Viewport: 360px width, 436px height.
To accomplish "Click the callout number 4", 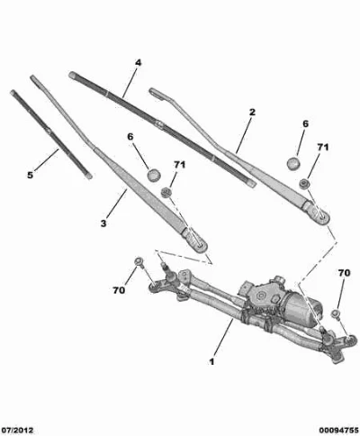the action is (x=138, y=63).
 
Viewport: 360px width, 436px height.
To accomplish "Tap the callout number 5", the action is (x=30, y=175).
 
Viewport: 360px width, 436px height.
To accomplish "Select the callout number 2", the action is (x=252, y=113).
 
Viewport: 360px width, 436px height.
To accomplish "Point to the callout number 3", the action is (x=103, y=223).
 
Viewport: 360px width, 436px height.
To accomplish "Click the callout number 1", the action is (x=211, y=361).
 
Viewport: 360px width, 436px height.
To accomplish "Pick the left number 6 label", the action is (x=130, y=137).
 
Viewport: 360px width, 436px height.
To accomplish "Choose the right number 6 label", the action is (x=305, y=123).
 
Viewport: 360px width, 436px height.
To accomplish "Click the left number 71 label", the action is (x=179, y=165).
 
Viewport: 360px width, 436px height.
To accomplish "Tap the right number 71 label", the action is (x=323, y=147).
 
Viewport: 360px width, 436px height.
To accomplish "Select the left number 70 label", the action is (x=119, y=290).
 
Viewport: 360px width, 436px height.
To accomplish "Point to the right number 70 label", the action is (x=344, y=273).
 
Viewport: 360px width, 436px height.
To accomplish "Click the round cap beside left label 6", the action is (x=154, y=175).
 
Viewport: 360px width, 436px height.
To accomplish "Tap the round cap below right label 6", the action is (x=293, y=163).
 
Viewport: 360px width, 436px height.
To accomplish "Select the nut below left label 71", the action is (x=166, y=192).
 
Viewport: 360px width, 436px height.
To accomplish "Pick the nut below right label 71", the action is (x=304, y=183).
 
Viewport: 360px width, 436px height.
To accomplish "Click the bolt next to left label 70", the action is (x=139, y=261).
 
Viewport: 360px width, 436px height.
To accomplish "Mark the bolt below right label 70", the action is (x=336, y=313).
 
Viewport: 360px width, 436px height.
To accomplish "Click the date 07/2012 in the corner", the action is (x=17, y=431).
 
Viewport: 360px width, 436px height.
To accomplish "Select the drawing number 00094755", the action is (x=338, y=431).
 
